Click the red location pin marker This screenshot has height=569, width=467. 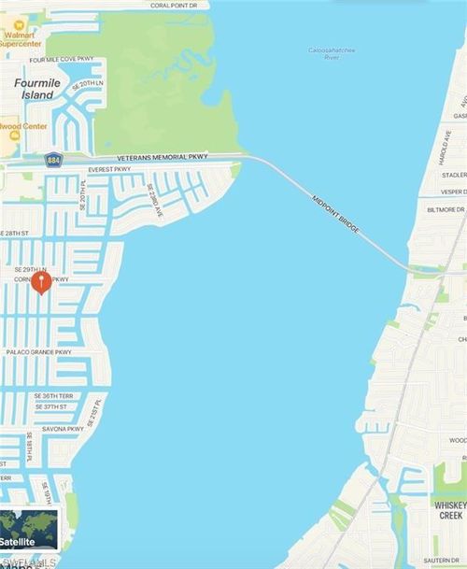(41, 281)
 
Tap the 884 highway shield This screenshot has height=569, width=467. (53, 161)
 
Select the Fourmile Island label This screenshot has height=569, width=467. (37, 89)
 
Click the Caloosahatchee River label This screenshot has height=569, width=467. (324, 53)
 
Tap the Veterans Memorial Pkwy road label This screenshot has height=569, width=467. (163, 157)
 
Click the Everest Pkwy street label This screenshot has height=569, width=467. (109, 170)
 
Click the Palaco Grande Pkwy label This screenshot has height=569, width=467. (38, 352)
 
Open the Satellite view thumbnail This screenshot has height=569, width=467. (29, 530)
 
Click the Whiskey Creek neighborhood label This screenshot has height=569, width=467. (449, 510)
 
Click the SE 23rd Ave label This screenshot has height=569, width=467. (155, 201)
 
